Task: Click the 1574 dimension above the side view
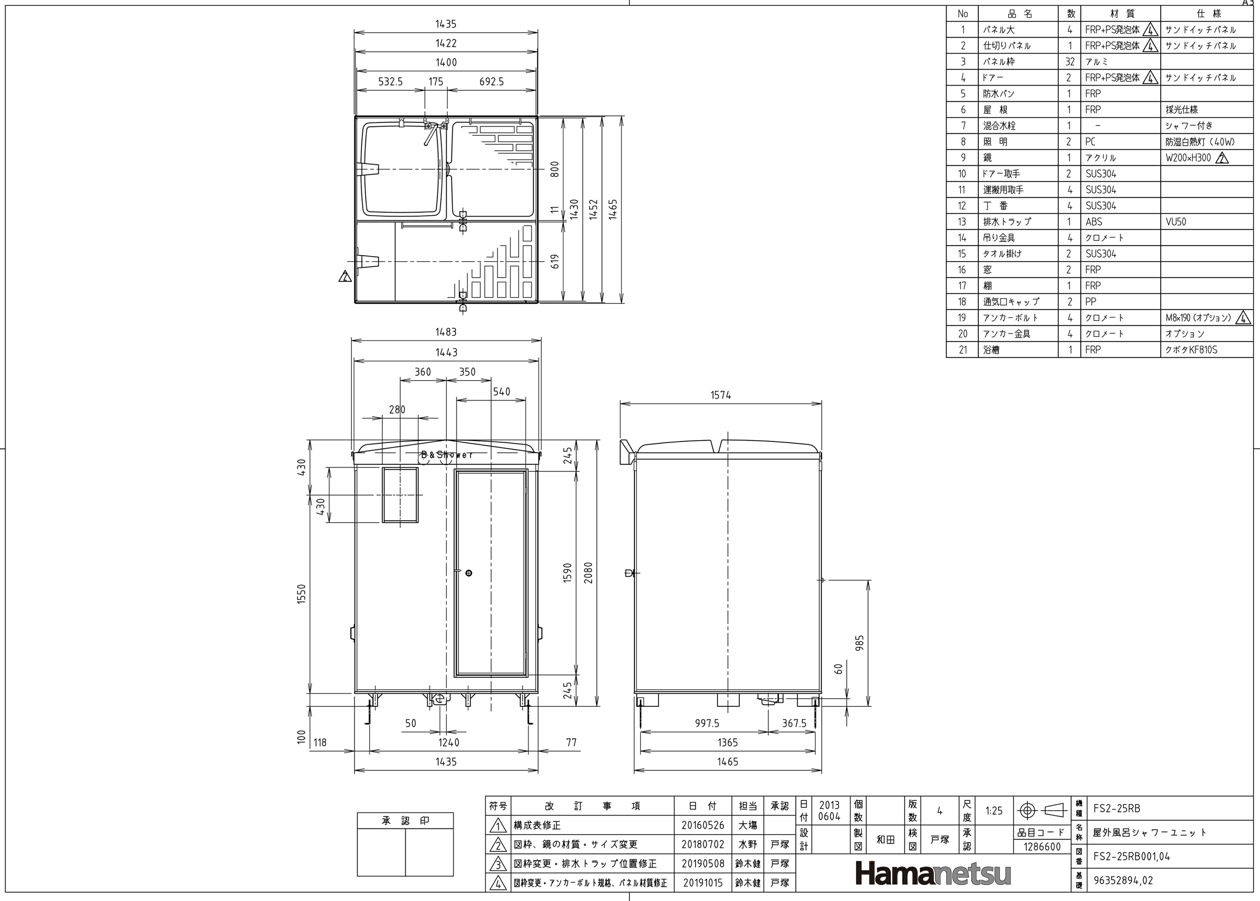coord(721,395)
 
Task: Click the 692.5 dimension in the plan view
coord(491,81)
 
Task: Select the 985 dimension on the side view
coord(860,644)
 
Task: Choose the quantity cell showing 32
coord(1070,62)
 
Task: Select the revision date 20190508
coord(703,863)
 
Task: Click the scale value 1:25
coord(994,810)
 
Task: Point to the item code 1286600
coord(1042,847)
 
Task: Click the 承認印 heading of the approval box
coord(405,821)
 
